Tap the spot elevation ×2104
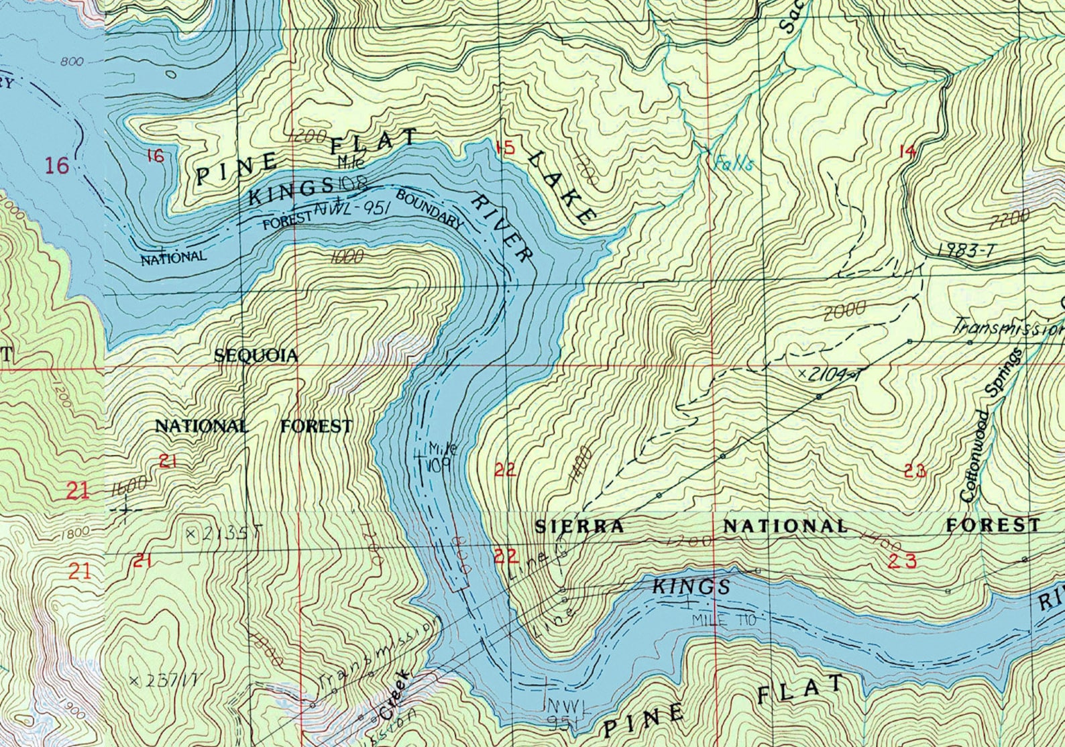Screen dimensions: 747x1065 [826, 374]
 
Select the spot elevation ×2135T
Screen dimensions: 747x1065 [221, 534]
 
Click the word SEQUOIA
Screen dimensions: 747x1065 [256, 356]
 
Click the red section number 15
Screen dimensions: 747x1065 [505, 148]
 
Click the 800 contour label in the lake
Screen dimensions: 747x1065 [71, 62]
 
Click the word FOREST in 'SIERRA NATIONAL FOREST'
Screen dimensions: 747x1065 [992, 524]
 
